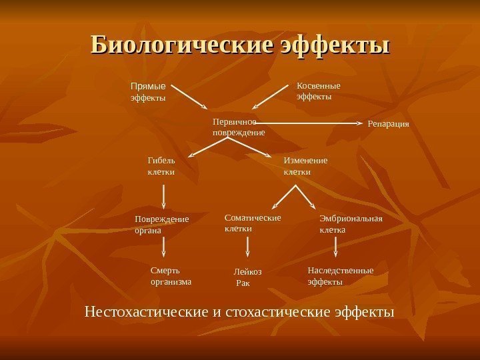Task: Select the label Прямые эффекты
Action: pyautogui.click(x=147, y=92)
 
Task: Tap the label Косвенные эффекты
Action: pyautogui.click(x=318, y=91)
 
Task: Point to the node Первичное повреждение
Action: pyautogui.click(x=238, y=127)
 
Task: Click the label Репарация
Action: pyautogui.click(x=388, y=124)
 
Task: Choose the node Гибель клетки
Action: pyautogui.click(x=161, y=166)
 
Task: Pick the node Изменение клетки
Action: pyautogui.click(x=306, y=166)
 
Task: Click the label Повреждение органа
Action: pyautogui.click(x=161, y=225)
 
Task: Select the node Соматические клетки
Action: pyautogui.click(x=253, y=223)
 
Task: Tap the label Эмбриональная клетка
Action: pyautogui.click(x=351, y=224)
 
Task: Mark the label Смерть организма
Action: pyautogui.click(x=171, y=276)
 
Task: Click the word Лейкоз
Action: pyautogui.click(x=248, y=272)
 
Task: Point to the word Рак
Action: pyautogui.click(x=243, y=283)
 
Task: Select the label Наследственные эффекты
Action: pyautogui.click(x=340, y=276)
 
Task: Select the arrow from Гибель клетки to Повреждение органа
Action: pyautogui.click(x=164, y=197)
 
